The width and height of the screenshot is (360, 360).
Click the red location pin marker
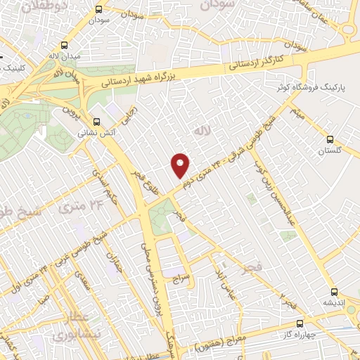181,165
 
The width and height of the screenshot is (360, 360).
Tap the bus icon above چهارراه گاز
300,324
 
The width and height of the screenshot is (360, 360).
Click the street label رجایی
130,115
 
